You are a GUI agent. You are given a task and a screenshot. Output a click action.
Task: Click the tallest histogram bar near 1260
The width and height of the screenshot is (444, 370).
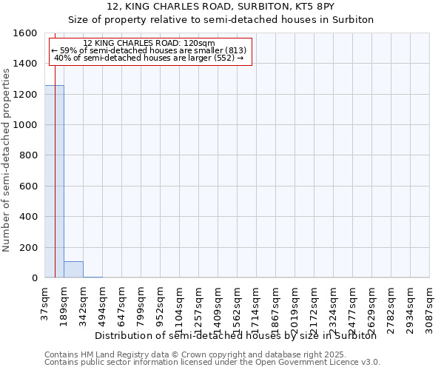pyautogui.click(x=54, y=181)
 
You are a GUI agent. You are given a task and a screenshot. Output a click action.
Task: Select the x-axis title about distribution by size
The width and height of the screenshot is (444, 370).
pyautogui.click(x=236, y=335)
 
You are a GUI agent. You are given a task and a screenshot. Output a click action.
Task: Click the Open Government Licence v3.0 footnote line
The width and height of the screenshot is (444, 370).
pyautogui.click(x=212, y=363)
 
